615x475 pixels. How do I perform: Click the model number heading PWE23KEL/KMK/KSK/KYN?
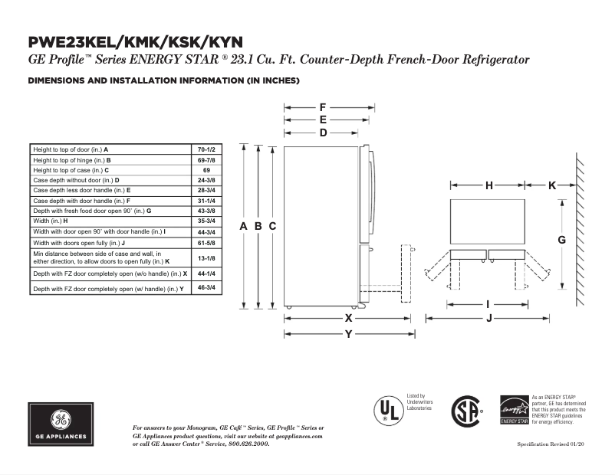click(x=138, y=42)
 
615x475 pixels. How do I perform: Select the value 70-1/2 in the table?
click(x=206, y=149)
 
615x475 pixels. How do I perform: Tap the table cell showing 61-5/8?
click(x=206, y=242)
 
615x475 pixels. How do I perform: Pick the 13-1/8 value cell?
click(x=206, y=257)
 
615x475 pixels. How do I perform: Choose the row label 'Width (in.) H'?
click(x=51, y=221)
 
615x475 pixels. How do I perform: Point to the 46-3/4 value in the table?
click(x=206, y=287)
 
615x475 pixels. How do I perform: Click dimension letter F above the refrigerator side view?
click(x=323, y=107)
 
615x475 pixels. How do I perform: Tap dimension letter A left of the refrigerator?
click(x=244, y=226)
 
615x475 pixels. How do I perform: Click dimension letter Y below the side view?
click(x=349, y=333)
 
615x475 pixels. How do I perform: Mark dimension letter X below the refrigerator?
click(x=349, y=317)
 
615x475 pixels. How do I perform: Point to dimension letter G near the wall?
click(x=561, y=240)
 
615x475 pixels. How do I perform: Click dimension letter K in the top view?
click(x=552, y=185)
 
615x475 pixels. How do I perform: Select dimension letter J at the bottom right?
click(x=488, y=319)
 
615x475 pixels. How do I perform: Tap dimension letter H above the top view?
click(x=488, y=185)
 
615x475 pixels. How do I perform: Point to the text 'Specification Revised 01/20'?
click(x=551, y=445)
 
